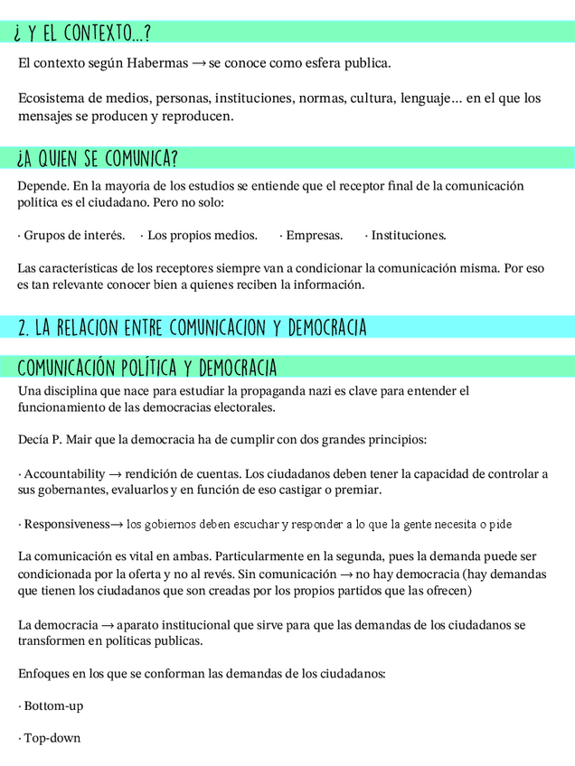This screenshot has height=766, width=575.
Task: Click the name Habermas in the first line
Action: click(158, 64)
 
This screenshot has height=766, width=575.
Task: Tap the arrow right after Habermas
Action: click(199, 64)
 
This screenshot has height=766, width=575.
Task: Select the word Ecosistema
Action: click(51, 98)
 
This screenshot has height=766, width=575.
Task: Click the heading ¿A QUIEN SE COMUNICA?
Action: click(96, 160)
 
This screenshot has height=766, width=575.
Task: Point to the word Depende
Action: click(42, 186)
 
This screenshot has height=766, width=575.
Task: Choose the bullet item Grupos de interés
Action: click(72, 236)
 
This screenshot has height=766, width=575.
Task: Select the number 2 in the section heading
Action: click(23, 327)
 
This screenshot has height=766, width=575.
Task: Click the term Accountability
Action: click(63, 474)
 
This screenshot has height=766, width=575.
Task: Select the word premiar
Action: click(358, 490)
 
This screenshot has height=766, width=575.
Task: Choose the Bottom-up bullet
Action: click(52, 705)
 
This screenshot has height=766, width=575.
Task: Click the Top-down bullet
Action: click(52, 738)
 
